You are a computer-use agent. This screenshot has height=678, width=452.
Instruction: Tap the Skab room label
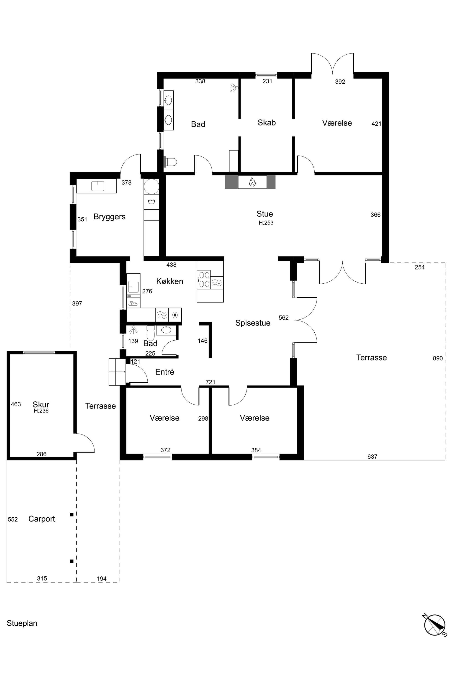pyautogui.click(x=267, y=123)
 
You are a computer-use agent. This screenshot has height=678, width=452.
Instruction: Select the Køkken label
pyautogui.click(x=170, y=281)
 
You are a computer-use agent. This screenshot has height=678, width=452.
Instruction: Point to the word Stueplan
pyautogui.click(x=22, y=623)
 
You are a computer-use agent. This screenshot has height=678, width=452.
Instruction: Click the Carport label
pyautogui.click(x=41, y=519)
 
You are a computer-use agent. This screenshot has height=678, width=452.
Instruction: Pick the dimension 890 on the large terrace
pyautogui.click(x=438, y=358)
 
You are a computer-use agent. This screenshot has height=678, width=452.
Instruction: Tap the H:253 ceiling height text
pyautogui.click(x=266, y=223)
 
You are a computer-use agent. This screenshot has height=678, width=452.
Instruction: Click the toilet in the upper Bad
pyautogui.click(x=170, y=162)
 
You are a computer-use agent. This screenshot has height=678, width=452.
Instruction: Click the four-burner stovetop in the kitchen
pyautogui.click(x=204, y=279)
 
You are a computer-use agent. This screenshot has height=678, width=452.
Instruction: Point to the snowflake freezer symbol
pyautogui.click(x=175, y=315)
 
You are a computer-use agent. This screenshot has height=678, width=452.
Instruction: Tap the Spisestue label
pyautogui.click(x=253, y=323)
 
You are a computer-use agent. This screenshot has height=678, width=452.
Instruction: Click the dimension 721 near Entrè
pyautogui.click(x=211, y=382)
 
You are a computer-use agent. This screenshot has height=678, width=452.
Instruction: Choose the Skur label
pyautogui.click(x=41, y=404)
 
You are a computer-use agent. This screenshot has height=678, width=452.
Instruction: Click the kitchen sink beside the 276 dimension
pyautogui.click(x=134, y=284)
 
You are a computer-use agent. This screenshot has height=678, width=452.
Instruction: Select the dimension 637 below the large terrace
pyautogui.click(x=372, y=456)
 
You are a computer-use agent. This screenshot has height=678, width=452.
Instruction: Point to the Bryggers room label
pyautogui.click(x=110, y=217)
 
